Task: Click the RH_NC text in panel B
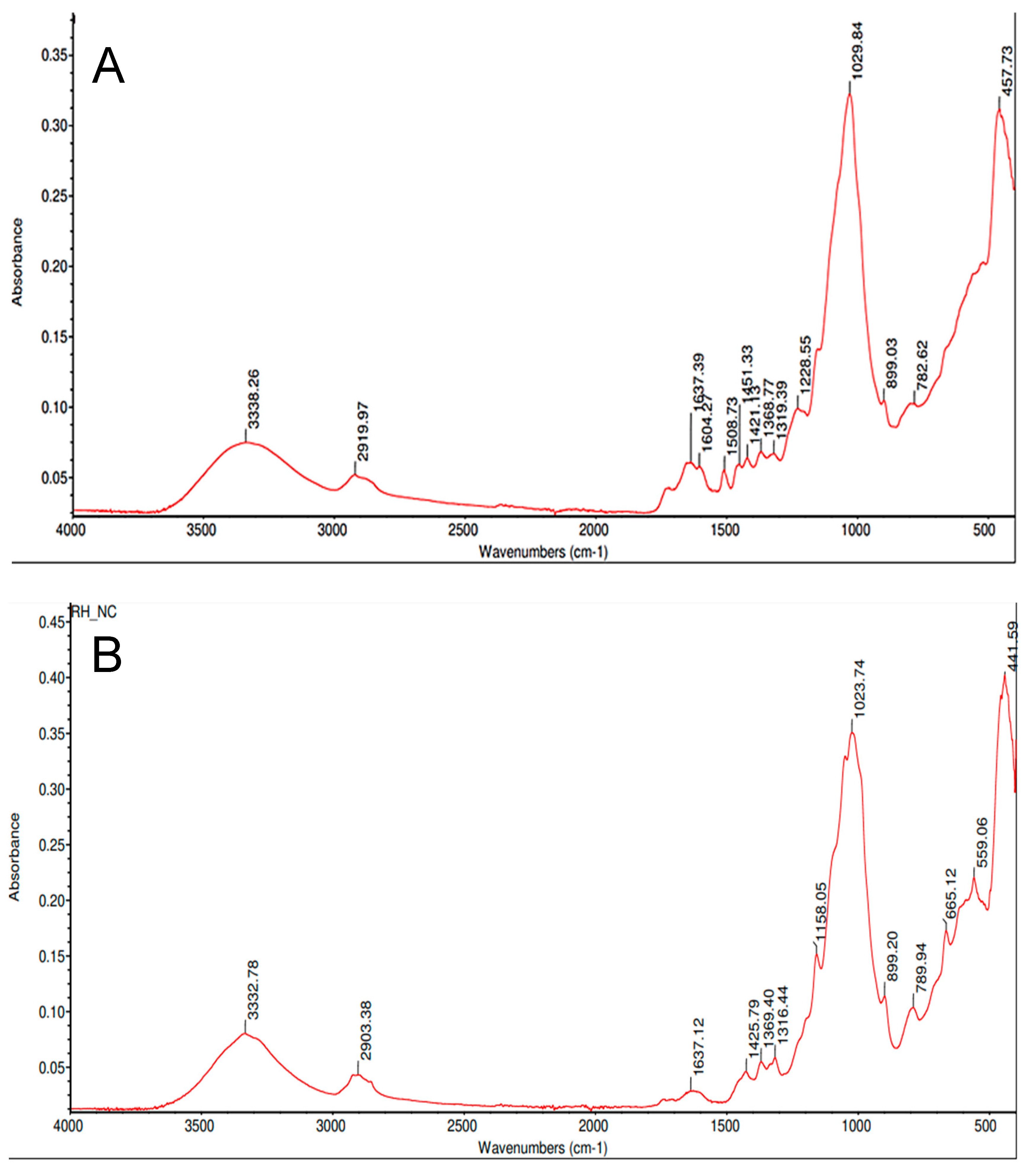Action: [94, 612]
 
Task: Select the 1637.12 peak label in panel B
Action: [698, 1046]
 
